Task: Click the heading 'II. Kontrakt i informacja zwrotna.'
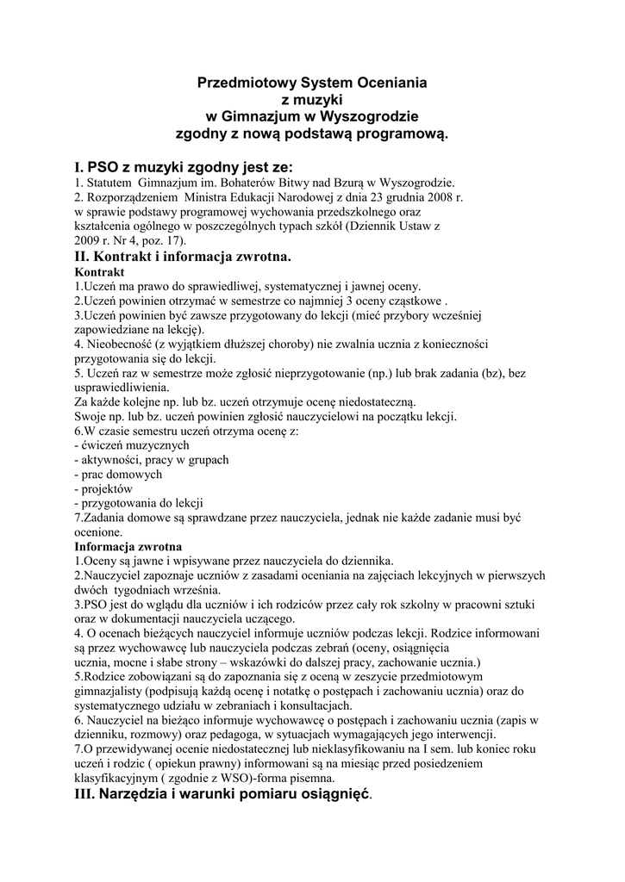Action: [184, 257]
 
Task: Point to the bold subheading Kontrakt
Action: [100, 271]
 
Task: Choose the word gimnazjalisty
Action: [110, 691]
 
